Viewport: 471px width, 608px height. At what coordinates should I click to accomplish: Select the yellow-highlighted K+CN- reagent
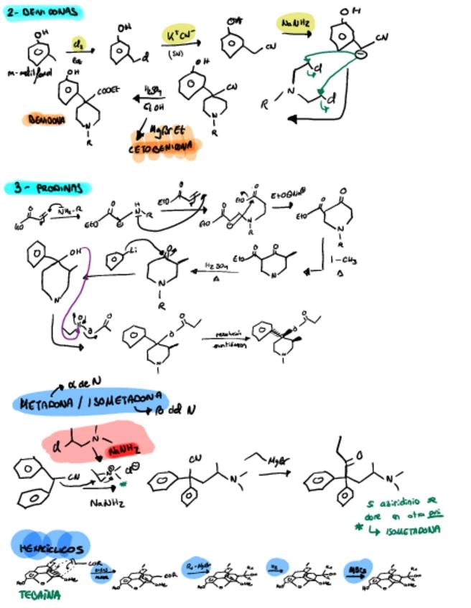[x=179, y=35]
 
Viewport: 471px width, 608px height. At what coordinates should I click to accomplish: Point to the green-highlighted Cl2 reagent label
[x=77, y=45]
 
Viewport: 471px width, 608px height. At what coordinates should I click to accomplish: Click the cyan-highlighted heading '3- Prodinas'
[x=53, y=188]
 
